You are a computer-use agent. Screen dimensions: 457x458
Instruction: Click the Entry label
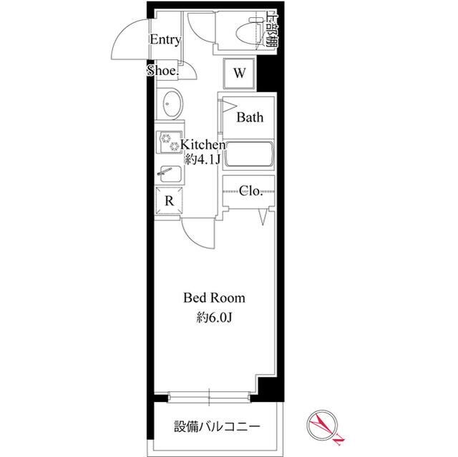165,40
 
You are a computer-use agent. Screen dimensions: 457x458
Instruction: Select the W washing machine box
240,72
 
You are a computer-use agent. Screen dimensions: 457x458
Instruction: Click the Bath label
250,117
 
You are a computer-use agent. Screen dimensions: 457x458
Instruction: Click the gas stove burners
171,142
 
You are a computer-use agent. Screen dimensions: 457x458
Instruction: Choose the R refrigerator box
170,200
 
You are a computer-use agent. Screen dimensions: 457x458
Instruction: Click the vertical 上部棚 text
271,29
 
